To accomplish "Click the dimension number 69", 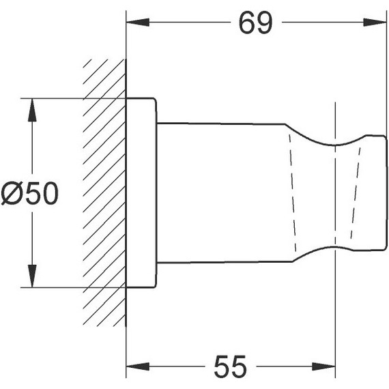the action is click(x=255, y=23).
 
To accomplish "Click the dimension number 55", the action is click(x=231, y=366).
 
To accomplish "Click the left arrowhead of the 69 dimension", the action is click(x=138, y=23).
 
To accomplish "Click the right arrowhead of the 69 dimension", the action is click(x=375, y=23).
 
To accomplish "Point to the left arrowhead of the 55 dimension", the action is click(x=138, y=366).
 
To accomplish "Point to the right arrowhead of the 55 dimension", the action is click(x=323, y=366).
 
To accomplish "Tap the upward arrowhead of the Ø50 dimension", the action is click(x=32, y=110).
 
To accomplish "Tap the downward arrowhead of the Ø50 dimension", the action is click(x=32, y=276).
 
